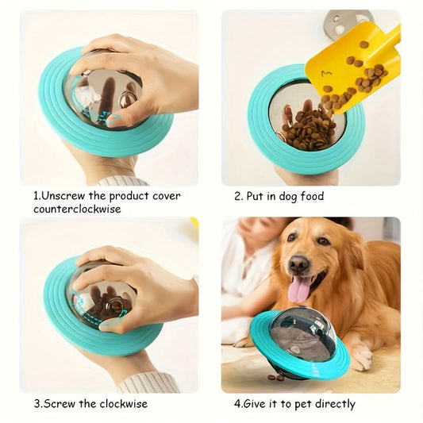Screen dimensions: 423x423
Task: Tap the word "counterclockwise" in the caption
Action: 77,210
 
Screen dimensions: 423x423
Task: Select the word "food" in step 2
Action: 312,195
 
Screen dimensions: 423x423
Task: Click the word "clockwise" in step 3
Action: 124,404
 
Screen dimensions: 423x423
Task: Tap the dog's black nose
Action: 298,263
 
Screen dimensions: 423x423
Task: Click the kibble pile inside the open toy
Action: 307,129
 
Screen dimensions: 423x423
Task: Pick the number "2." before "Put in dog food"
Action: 239,196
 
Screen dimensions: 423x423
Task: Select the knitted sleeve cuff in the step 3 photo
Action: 148,383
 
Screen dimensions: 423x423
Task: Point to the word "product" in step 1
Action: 129,196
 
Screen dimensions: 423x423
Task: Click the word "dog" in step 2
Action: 288,196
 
